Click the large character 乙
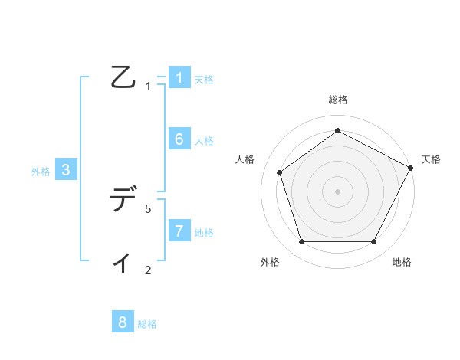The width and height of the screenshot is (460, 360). [x=123, y=77]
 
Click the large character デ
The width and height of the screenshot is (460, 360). [x=123, y=200]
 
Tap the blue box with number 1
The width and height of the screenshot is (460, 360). [x=179, y=78]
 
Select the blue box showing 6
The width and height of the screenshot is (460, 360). [x=179, y=139]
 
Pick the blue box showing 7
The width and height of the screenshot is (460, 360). [x=179, y=231]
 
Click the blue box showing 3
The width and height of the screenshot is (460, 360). [x=66, y=170]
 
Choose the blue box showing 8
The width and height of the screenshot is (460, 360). [x=123, y=322]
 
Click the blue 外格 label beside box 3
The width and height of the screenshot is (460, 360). [x=41, y=172]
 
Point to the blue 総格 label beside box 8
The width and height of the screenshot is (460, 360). [x=147, y=324]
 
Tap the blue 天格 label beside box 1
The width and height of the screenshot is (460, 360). [x=204, y=80]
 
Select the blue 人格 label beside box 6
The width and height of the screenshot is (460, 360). [x=204, y=141]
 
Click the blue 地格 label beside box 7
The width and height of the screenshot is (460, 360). [x=204, y=233]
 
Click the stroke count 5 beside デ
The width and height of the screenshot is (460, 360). [x=148, y=208]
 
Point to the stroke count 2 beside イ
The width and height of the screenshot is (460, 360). [x=148, y=270]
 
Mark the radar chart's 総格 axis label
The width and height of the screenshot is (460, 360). [x=337, y=100]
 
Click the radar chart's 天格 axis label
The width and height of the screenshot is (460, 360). [x=431, y=159]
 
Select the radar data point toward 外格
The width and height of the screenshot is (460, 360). [x=301, y=242]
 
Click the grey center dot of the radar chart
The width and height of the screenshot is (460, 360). [x=337, y=191]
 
